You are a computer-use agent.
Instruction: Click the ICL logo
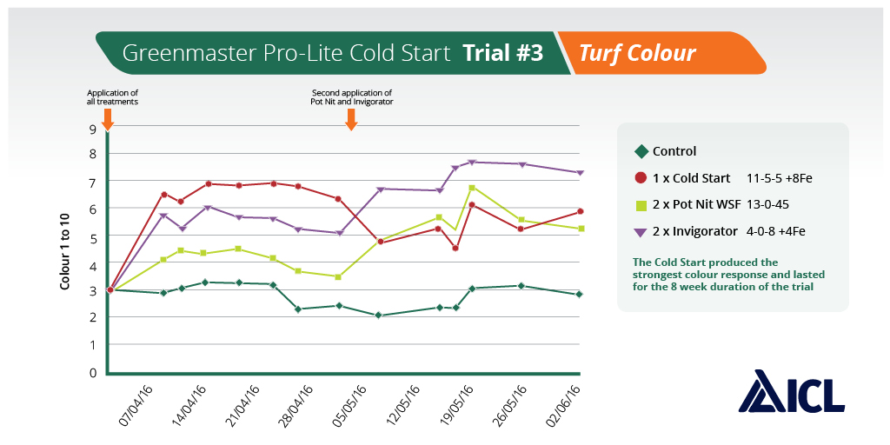(x=791, y=391)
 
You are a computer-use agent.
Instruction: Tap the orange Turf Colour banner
(x=638, y=53)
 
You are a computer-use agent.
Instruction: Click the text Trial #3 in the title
(x=503, y=53)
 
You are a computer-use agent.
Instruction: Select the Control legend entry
(x=666, y=151)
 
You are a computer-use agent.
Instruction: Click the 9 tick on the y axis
(x=91, y=128)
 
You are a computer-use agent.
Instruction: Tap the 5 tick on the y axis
(x=91, y=236)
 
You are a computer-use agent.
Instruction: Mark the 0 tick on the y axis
(x=91, y=372)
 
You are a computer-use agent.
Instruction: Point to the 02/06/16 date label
(x=561, y=407)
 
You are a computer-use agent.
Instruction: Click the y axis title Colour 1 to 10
(x=64, y=251)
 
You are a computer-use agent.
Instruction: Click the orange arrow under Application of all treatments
(x=108, y=120)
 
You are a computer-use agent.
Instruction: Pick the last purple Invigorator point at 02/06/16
(x=579, y=172)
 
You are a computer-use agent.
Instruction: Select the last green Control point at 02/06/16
(x=579, y=294)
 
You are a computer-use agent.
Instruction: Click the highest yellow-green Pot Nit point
(x=472, y=188)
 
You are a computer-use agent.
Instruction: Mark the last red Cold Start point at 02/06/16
(x=579, y=211)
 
